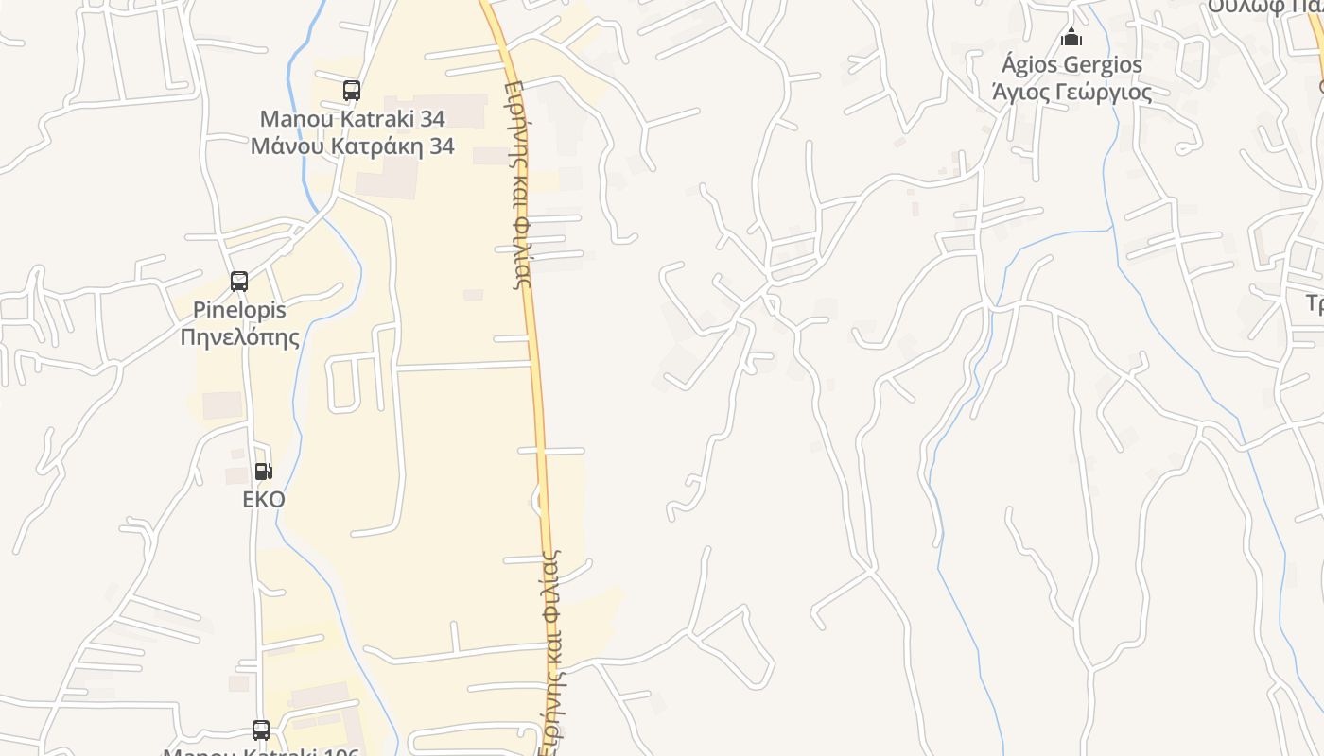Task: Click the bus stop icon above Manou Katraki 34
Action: coord(352,91)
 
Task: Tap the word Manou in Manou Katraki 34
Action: coord(295,119)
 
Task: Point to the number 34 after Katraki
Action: coord(431,119)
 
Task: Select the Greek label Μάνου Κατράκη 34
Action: coord(352,146)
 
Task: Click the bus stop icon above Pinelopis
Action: coord(239,281)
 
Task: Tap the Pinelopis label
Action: coord(239,310)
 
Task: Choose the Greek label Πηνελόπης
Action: coord(239,336)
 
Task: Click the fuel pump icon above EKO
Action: coord(264,471)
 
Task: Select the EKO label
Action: coord(264,499)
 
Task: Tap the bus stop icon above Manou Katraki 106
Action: coord(261,730)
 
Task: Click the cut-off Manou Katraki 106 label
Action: coord(261,751)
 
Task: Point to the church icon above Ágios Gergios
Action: coord(1071,38)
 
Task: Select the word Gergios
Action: coord(1105,65)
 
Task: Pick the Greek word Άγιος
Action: coord(1018,93)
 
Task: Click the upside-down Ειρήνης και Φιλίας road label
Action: coord(518,183)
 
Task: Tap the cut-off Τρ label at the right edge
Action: coord(1314,302)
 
